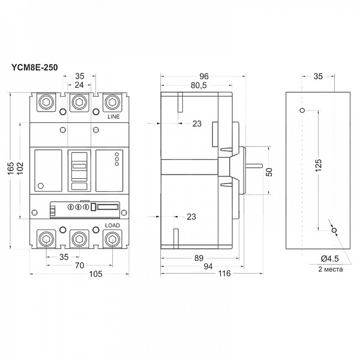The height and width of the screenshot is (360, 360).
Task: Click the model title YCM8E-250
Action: point(35,68)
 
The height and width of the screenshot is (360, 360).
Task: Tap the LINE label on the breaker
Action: point(113,118)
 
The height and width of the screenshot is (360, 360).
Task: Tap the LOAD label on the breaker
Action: point(112,225)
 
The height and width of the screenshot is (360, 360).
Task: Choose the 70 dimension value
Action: point(79,263)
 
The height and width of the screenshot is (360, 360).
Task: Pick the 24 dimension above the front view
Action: point(79,85)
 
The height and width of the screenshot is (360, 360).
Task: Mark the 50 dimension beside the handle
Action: point(269,172)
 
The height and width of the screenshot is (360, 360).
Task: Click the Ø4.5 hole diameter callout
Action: point(330,258)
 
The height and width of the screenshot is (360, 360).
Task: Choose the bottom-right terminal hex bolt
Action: point(111,240)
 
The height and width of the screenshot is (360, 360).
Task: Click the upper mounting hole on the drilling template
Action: point(302,110)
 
